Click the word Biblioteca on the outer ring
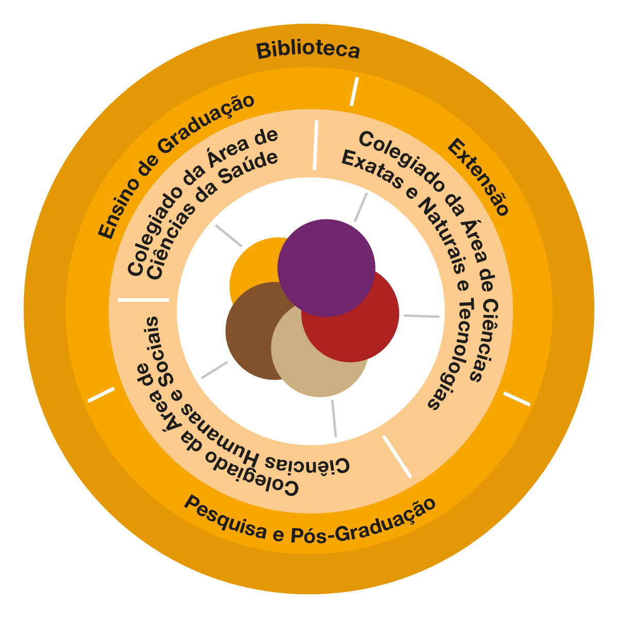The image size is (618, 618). (308, 50)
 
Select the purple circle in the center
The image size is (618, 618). (327, 268)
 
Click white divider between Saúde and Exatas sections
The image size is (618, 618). (315, 145)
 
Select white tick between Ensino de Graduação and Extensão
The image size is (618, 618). (353, 91)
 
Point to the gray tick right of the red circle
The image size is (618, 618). (421, 316)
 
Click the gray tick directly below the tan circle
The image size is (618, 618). (334, 418)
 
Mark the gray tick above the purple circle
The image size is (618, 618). (360, 207)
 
